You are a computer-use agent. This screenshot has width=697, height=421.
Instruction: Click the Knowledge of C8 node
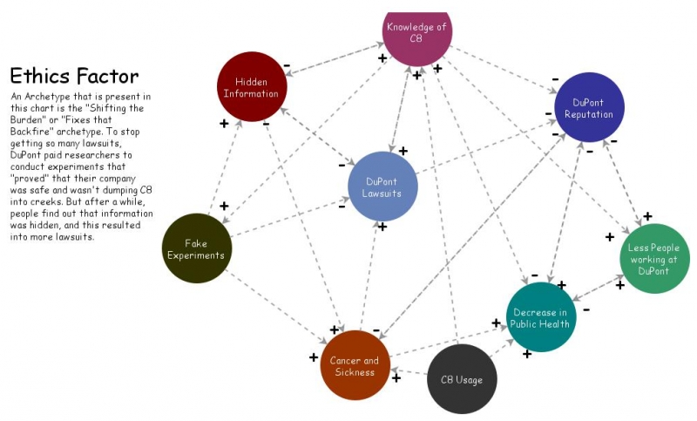pyautogui.click(x=416, y=31)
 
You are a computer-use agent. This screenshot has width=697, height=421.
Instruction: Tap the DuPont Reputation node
pyautogui.click(x=589, y=108)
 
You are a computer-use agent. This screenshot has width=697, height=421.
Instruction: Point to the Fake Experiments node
pyautogui.click(x=197, y=248)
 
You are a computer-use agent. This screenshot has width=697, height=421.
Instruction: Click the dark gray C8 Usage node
pyautogui.click(x=462, y=379)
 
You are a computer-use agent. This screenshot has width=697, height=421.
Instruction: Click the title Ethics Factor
pyautogui.click(x=74, y=76)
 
